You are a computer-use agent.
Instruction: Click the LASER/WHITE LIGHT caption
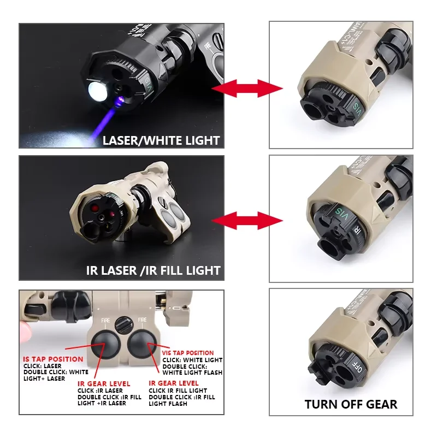click(161, 140)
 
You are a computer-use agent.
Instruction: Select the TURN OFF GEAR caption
click(351, 405)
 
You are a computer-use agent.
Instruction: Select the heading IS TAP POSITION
click(53, 359)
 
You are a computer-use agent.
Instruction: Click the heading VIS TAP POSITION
click(188, 353)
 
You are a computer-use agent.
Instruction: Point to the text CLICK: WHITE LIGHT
click(192, 360)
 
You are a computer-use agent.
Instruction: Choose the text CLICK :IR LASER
click(101, 391)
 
